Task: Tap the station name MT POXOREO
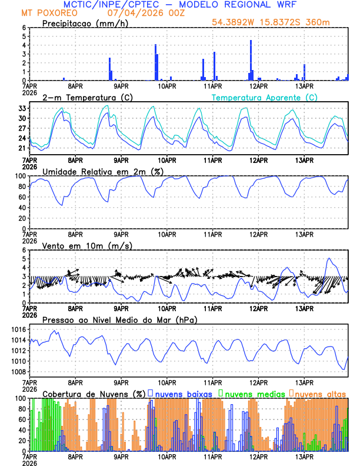coord(45,12)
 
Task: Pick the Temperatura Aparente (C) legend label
coord(264,97)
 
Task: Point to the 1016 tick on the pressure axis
coord(21,329)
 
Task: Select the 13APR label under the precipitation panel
coord(304,86)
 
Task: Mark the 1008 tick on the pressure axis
coord(21,372)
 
